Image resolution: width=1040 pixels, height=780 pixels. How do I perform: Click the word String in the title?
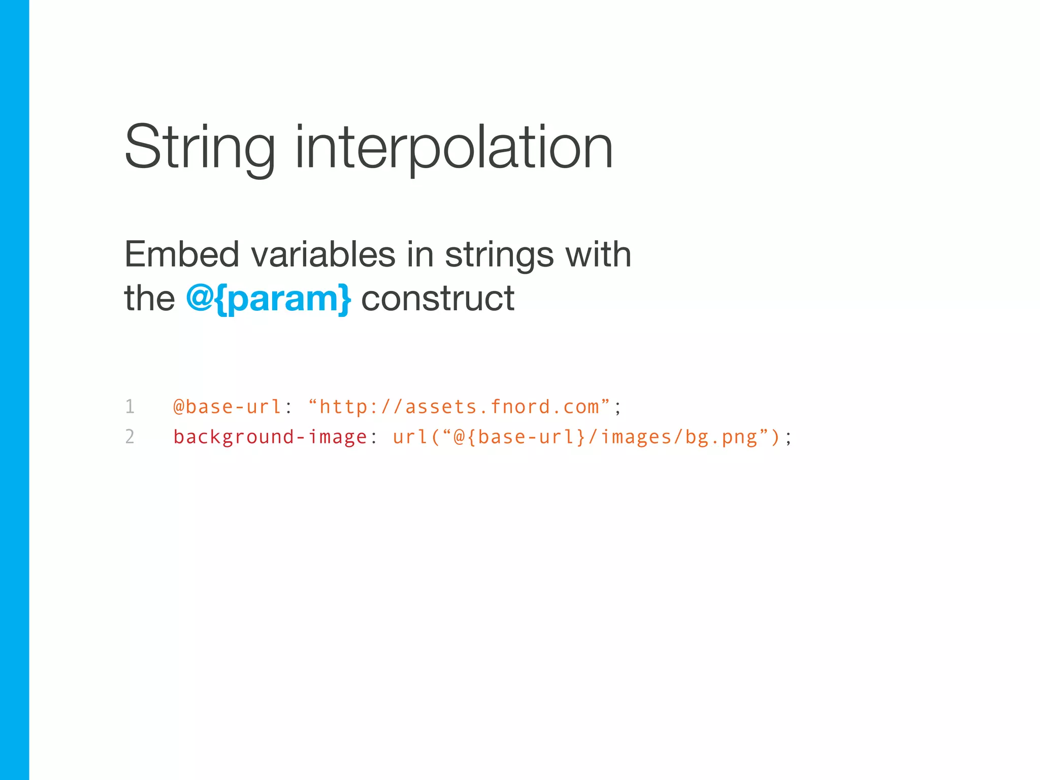(200, 148)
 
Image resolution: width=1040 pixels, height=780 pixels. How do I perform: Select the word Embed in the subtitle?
(181, 254)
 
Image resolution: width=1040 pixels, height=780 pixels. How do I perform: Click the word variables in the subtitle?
(323, 254)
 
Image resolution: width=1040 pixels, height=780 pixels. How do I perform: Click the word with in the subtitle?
(598, 254)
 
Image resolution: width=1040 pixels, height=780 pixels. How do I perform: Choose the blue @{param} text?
(268, 299)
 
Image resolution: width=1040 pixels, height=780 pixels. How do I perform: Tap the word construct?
(438, 299)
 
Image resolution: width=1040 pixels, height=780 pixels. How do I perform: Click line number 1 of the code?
(130, 407)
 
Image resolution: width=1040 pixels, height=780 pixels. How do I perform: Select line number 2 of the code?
(130, 437)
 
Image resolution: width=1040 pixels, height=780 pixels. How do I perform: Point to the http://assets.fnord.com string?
(459, 407)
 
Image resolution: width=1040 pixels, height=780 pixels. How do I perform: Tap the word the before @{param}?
(149, 299)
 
